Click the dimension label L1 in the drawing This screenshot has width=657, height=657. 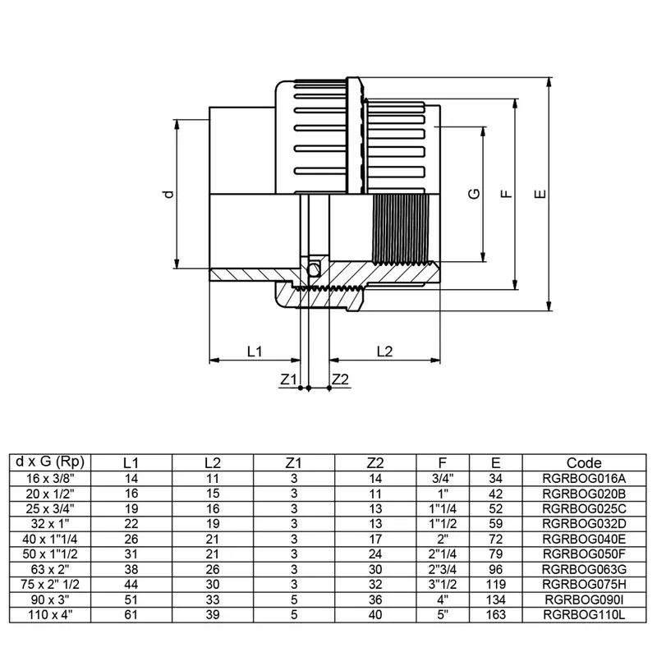pos(254,351)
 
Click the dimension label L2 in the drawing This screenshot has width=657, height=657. pos(384,351)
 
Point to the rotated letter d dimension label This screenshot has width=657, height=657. pos(168,194)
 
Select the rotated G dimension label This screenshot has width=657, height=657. pos(473,194)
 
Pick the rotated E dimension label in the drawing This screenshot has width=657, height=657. pos(539,195)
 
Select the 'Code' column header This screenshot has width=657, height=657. pos(584,462)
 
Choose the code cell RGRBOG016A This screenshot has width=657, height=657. pos(584,476)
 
